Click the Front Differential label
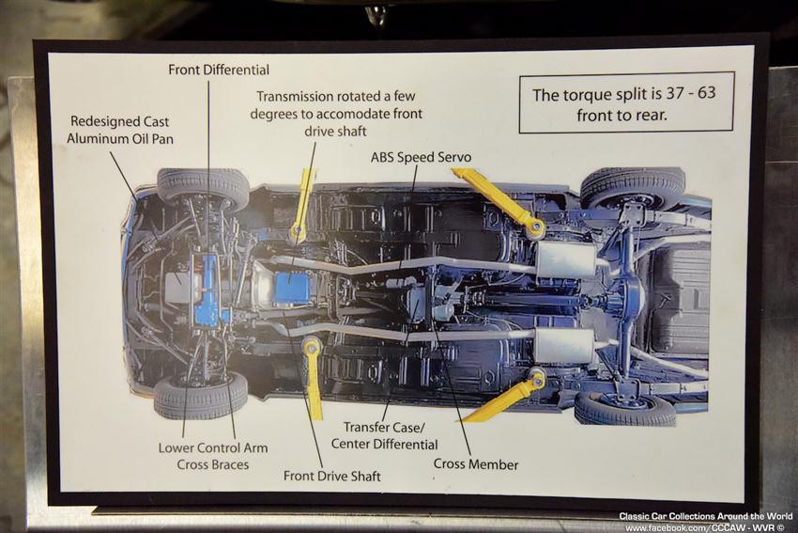219,70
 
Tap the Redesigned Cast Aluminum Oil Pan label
120,130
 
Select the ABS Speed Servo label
421,157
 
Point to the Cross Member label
476,464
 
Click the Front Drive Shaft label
331,476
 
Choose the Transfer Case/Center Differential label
384,435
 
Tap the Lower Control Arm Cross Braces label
213,456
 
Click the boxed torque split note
626,102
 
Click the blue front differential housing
208,290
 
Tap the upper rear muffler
566,259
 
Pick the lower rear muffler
565,345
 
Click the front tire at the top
203,186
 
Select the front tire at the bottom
201,396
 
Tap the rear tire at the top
632,185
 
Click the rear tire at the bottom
625,408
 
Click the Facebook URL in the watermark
704,527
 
